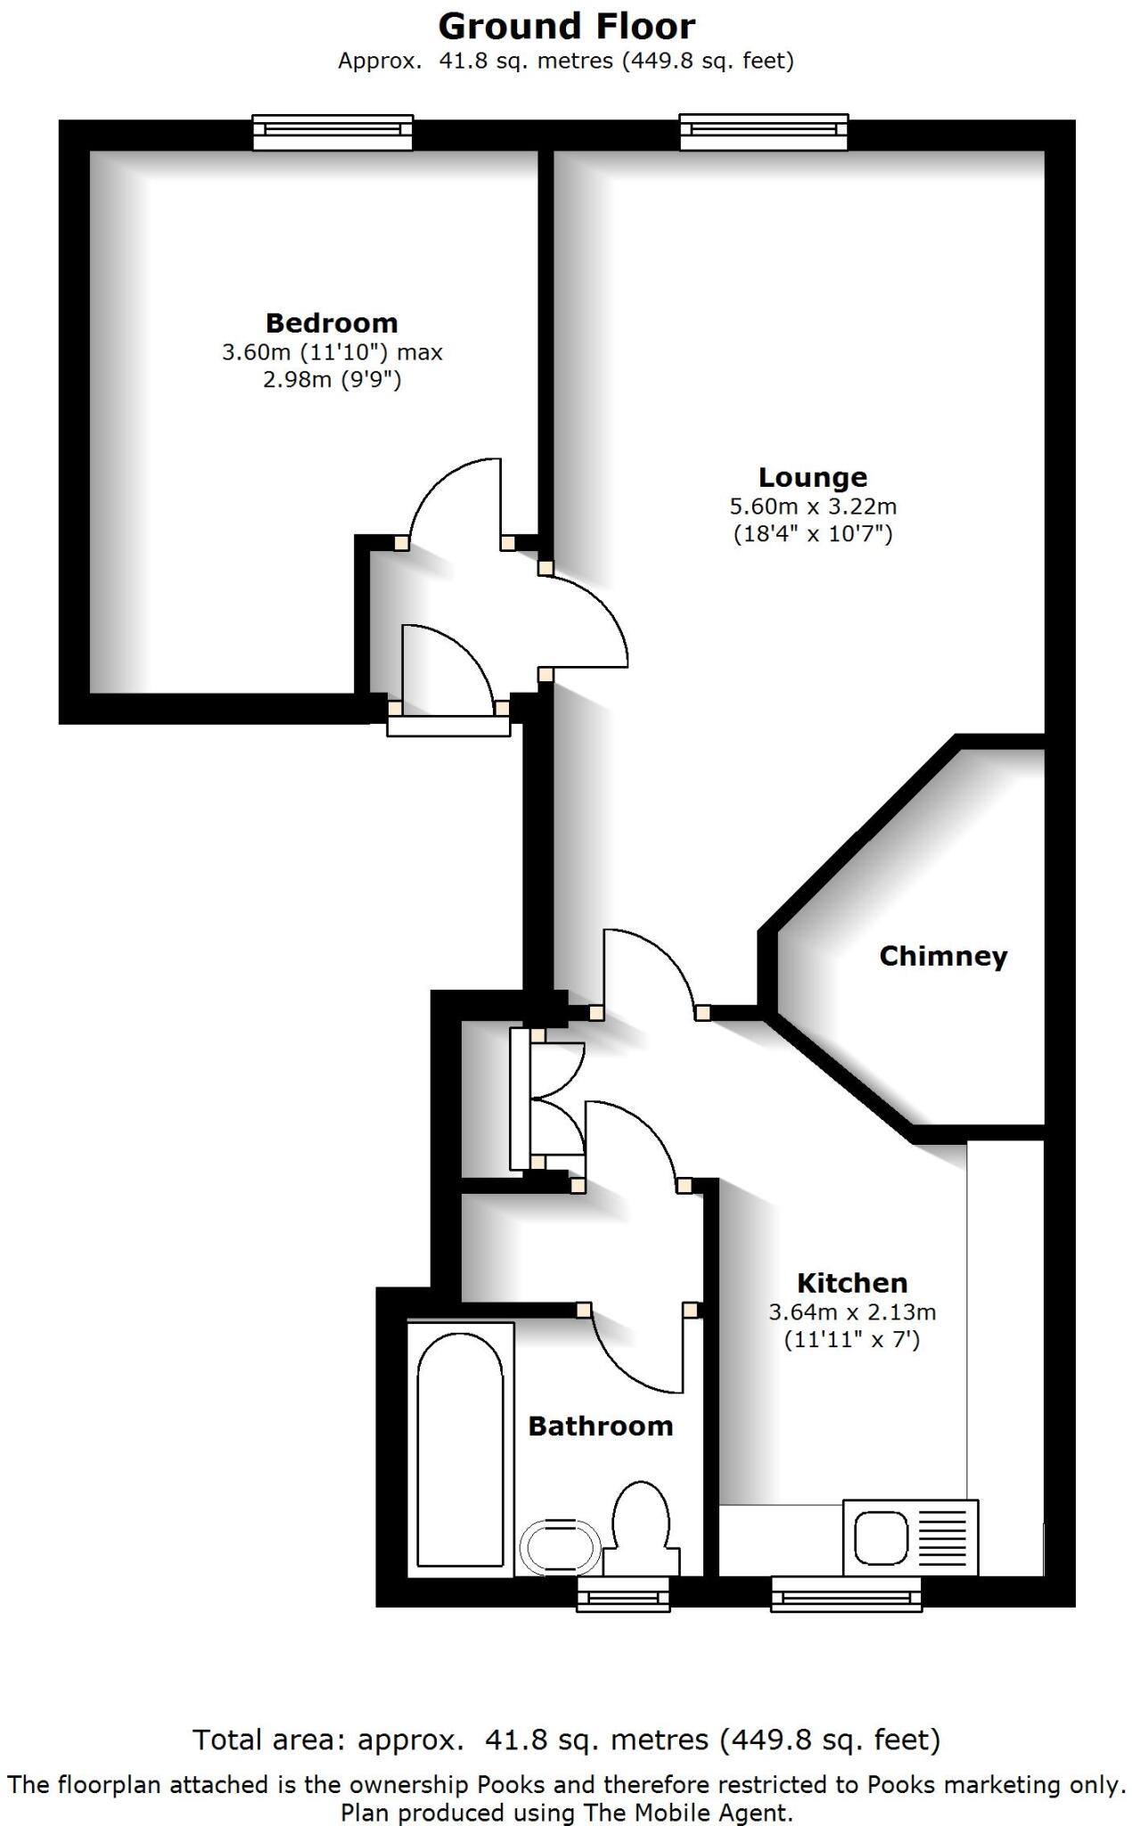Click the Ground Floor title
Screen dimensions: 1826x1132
point(566,27)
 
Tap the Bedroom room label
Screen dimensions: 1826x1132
point(332,323)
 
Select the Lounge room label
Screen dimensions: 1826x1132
point(812,477)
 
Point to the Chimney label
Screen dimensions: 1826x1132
point(943,956)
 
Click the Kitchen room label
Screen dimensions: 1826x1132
point(852,1283)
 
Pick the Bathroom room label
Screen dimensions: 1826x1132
point(600,1426)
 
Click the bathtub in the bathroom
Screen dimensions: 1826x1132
point(460,1448)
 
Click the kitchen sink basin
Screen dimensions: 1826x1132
point(882,1537)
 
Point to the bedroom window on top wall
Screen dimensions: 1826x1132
point(332,132)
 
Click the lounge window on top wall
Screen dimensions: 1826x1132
point(764,132)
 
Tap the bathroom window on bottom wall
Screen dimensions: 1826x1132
point(623,1593)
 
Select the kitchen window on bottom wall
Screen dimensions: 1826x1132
point(846,1593)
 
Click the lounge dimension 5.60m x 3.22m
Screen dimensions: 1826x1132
point(813,506)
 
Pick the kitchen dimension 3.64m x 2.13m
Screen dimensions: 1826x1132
point(852,1312)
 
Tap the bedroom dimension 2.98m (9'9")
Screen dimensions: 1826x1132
point(332,380)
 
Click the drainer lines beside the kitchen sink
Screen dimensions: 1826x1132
point(943,1537)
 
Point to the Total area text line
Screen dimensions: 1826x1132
point(566,1740)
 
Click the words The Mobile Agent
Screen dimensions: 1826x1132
point(687,1813)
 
